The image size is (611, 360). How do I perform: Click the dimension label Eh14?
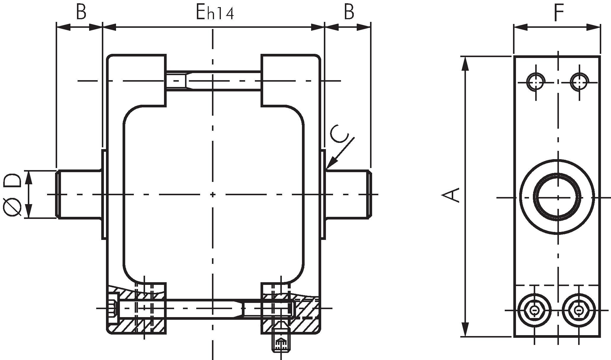click(x=215, y=13)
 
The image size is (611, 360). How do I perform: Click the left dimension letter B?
click(x=81, y=12)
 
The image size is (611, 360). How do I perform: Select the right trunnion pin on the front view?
click(x=348, y=194)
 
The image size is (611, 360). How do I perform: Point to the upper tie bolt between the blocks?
click(x=213, y=80)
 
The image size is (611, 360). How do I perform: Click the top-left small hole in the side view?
click(x=536, y=81)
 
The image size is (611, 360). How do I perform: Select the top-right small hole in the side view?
click(x=579, y=81)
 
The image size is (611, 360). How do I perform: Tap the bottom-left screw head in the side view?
click(x=535, y=310)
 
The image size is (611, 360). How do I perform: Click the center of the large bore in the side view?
click(x=557, y=197)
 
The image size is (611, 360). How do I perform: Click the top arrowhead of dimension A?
click(x=466, y=62)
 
